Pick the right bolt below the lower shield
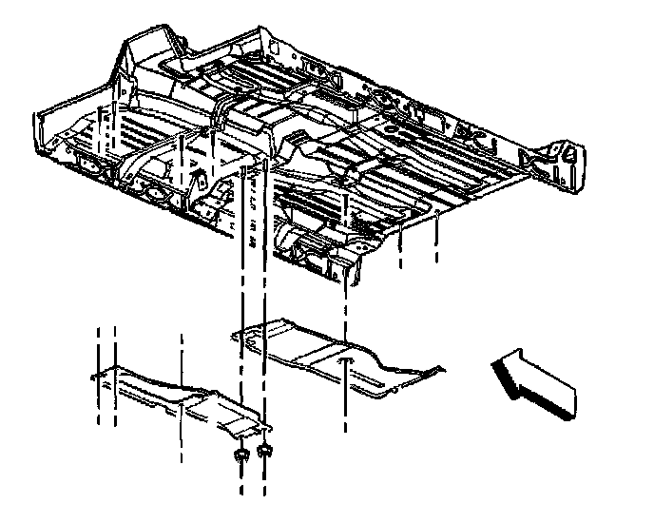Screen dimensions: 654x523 pyautogui.click(x=265, y=450)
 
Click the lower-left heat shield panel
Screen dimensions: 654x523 pyautogui.click(x=176, y=397)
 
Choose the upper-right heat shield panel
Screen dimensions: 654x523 pyautogui.click(x=337, y=357)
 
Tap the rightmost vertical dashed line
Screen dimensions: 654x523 pyautogui.click(x=436, y=242)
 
